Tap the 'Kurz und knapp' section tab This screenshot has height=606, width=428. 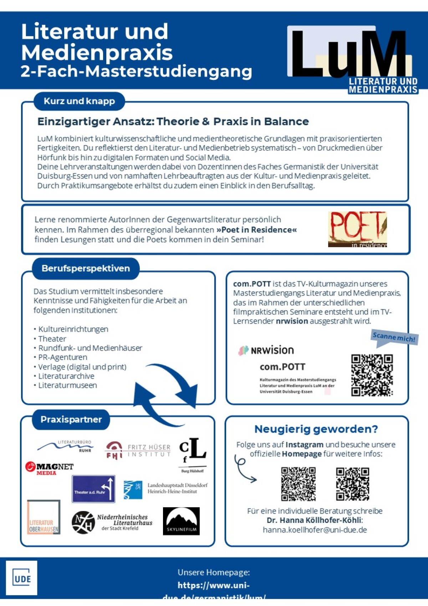[x=79, y=101]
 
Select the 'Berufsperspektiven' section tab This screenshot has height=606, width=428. [x=86, y=269]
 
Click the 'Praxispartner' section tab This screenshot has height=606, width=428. [x=71, y=419]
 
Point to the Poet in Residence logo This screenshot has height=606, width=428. [x=357, y=229]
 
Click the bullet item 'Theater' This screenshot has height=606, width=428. [x=52, y=339]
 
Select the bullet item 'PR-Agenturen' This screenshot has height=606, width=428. [x=62, y=357]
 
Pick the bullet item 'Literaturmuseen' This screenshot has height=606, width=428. [x=67, y=386]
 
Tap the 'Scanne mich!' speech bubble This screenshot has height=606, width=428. [x=394, y=337]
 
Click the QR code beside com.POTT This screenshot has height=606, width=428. [x=372, y=375]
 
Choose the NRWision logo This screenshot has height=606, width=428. [x=266, y=350]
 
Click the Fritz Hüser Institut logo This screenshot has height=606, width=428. [x=138, y=450]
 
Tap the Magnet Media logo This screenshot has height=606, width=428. [x=49, y=468]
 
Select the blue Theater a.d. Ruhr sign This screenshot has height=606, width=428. [x=93, y=489]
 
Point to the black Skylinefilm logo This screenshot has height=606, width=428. [x=181, y=521]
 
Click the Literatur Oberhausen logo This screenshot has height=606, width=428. [x=44, y=517]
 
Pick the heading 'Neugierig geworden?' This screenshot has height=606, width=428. [x=316, y=429]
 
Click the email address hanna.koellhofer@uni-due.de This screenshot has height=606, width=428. [x=315, y=530]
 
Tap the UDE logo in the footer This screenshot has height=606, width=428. [x=22, y=578]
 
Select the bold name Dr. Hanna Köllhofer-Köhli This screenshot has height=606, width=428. [x=314, y=520]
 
